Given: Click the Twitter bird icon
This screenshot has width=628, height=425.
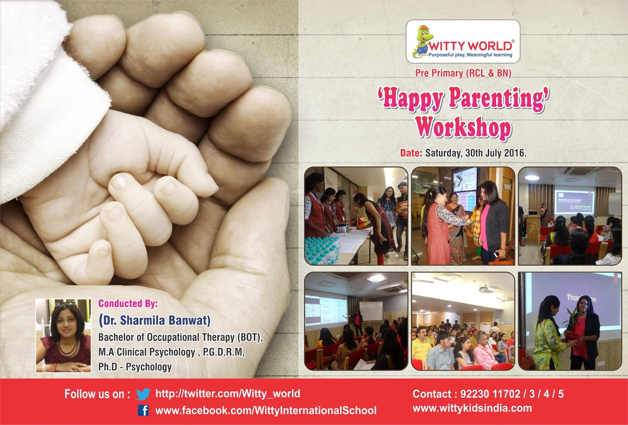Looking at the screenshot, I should point(143,394).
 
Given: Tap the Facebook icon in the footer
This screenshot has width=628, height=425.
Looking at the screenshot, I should point(144,411).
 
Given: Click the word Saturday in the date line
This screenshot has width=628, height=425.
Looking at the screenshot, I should point(443,153).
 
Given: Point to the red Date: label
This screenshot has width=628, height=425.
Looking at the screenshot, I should point(411,153).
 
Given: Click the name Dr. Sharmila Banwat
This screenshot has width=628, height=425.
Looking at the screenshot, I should point(155,321).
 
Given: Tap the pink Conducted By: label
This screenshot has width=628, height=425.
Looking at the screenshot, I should point(128,303).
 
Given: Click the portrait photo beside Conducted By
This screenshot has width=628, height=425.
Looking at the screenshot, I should point(63,335).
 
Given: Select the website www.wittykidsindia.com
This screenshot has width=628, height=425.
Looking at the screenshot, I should point(472,408).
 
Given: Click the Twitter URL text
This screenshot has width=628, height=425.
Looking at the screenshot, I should point(228,394).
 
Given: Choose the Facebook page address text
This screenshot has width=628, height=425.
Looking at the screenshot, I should point(266,411).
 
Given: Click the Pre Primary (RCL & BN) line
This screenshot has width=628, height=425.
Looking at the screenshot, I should point(463,73).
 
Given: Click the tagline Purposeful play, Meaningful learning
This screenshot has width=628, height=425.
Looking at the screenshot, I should point(470,55).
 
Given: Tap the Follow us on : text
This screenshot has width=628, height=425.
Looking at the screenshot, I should point(97,394).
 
